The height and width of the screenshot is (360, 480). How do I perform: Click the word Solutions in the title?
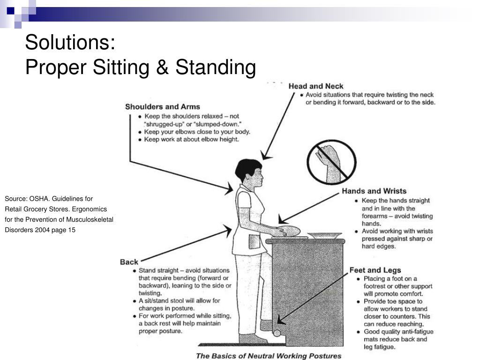[70, 43]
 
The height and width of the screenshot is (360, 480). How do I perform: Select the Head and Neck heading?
[315, 86]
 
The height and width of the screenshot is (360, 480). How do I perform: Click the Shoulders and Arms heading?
[162, 107]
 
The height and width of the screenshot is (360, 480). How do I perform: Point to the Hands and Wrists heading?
[374, 191]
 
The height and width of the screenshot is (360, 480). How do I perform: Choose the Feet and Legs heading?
[375, 270]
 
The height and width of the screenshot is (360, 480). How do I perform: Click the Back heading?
[129, 262]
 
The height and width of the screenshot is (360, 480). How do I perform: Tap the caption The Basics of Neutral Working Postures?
[269, 356]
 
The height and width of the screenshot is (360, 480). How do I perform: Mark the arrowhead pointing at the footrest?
[280, 321]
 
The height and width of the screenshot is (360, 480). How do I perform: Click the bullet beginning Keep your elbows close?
[197, 132]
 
